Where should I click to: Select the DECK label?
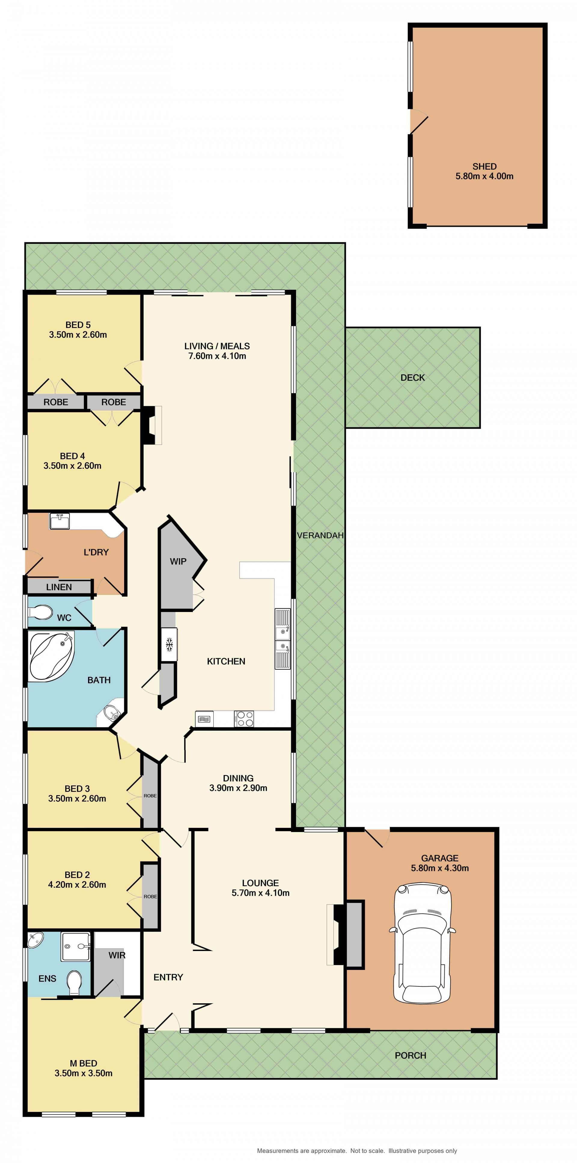pyautogui.click(x=413, y=377)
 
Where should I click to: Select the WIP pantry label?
pyautogui.click(x=178, y=561)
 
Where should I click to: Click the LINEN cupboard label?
pyautogui.click(x=59, y=587)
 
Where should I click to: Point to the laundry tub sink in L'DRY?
pyautogui.click(x=59, y=522)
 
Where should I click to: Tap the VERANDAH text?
pyautogui.click(x=320, y=535)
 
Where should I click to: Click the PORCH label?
pyautogui.click(x=410, y=1055)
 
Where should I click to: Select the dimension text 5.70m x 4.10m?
pyautogui.click(x=260, y=892)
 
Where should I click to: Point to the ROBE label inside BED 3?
pyautogui.click(x=150, y=795)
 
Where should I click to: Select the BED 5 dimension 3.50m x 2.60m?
pyautogui.click(x=78, y=335)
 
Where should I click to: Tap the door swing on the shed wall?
pyautogui.click(x=419, y=122)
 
